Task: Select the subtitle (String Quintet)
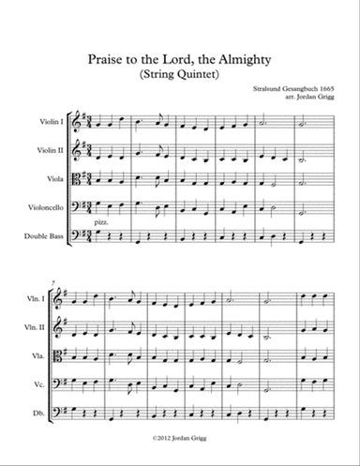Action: click(x=182, y=75)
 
